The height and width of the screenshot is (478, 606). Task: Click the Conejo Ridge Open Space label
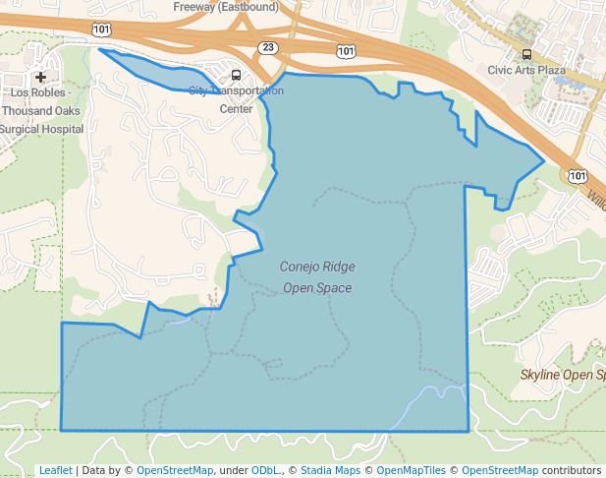point(317,277)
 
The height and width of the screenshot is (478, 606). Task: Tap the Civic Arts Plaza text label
point(526,71)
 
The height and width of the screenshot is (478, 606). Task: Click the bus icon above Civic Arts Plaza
point(527,54)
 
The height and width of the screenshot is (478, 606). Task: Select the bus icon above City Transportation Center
point(235,75)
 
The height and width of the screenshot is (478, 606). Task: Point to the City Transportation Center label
point(236,99)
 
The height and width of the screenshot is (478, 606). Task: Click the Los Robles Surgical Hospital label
point(41,110)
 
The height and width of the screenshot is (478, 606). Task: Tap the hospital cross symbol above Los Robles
point(40,77)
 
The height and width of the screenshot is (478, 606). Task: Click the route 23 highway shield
point(268,47)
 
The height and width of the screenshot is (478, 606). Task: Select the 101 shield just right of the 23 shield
point(345,49)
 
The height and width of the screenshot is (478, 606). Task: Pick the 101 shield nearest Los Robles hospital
point(102,30)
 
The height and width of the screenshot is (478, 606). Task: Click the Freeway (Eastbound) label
point(225,6)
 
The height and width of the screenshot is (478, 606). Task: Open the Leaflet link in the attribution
point(56,470)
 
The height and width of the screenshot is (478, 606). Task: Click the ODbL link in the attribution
point(266,470)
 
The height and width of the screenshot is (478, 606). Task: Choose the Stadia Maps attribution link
point(330,470)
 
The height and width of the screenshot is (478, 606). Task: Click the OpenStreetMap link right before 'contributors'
point(500,470)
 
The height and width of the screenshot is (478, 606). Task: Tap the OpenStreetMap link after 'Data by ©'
point(174,470)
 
